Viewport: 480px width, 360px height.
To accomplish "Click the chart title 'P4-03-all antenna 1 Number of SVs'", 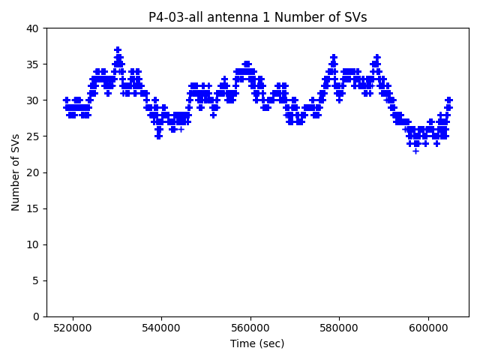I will pos(257,17).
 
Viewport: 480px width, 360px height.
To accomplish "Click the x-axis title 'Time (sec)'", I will pos(257,343).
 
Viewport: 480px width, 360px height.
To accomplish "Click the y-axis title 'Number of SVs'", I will pos(16,172).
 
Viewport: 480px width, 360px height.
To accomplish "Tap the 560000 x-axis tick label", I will pos(250,328).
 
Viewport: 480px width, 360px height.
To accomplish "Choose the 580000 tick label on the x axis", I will pos(339,328).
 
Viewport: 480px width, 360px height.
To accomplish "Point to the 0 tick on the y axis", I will pos(37,316).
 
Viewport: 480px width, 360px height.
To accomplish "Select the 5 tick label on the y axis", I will pos(37,280).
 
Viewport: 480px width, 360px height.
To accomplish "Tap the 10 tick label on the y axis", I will pos(34,244).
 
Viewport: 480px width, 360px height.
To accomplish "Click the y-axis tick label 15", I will pos(34,208).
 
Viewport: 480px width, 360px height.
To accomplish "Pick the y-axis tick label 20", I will pos(34,172).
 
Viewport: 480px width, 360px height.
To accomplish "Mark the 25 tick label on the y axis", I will pos(34,136).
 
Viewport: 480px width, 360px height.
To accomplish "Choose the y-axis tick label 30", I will pos(34,100).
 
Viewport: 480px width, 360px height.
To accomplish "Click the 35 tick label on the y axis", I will pos(34,64).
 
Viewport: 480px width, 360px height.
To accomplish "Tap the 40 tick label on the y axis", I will pos(34,28).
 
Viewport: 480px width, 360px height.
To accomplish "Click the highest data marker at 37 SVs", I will pos(118,49).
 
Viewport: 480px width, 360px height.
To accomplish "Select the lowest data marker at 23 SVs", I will pos(415,151).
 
